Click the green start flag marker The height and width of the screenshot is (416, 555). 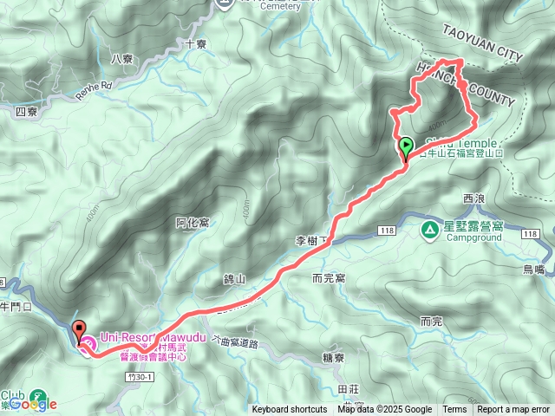[406, 146]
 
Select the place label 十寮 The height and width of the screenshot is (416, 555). [196, 42]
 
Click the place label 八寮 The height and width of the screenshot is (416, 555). [122, 59]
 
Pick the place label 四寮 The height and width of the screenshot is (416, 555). [26, 112]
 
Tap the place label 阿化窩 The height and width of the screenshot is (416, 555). [193, 223]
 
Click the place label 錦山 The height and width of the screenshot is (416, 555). [234, 279]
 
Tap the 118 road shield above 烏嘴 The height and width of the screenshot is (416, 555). [528, 233]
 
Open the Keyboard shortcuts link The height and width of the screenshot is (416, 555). [290, 410]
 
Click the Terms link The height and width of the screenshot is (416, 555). [454, 410]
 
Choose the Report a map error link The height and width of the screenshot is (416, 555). [513, 410]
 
